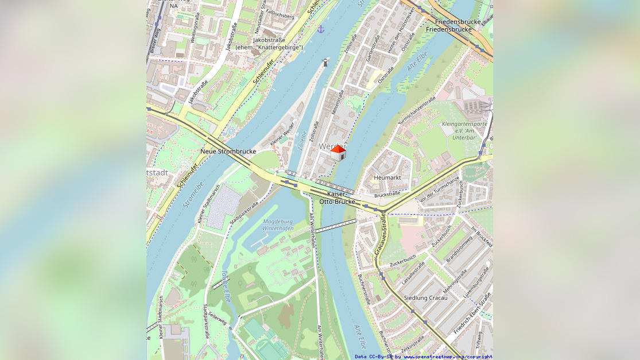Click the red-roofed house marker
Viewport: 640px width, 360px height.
coord(338,153)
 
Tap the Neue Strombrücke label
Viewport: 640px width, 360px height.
coord(228,152)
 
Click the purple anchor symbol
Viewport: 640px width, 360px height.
coord(321,29)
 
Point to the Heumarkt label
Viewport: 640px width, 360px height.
coord(387,178)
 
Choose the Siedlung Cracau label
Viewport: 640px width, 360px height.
coord(425,298)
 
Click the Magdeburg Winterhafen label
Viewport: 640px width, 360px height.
coord(278,224)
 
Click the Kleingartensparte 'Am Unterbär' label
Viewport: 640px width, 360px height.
coord(464,130)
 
